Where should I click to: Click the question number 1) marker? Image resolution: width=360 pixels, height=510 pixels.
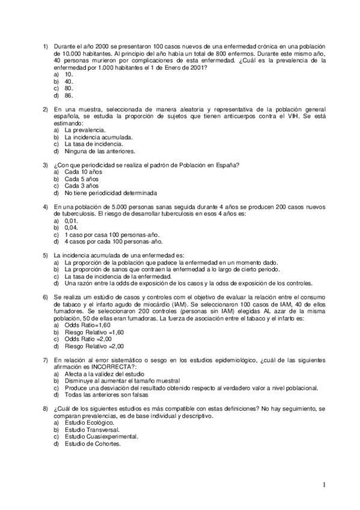tap(44, 46)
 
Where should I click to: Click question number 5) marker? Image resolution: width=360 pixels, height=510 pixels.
tap(44, 256)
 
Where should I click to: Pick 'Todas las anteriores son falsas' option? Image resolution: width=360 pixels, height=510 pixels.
tap(106, 395)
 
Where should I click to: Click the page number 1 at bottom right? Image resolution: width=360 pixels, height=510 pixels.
tap(323, 485)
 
